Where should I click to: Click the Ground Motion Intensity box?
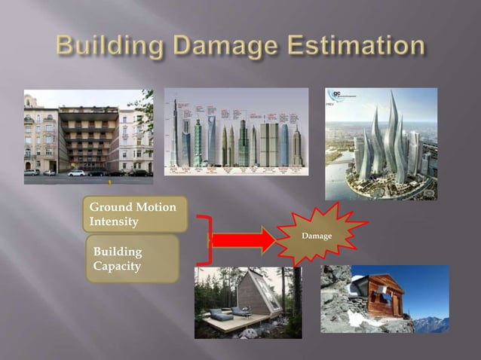click(x=133, y=215)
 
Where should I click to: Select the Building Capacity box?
click(x=132, y=258)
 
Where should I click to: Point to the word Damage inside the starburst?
click(x=316, y=236)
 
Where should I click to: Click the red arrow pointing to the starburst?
click(x=243, y=241)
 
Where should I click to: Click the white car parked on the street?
click(x=77, y=173)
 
